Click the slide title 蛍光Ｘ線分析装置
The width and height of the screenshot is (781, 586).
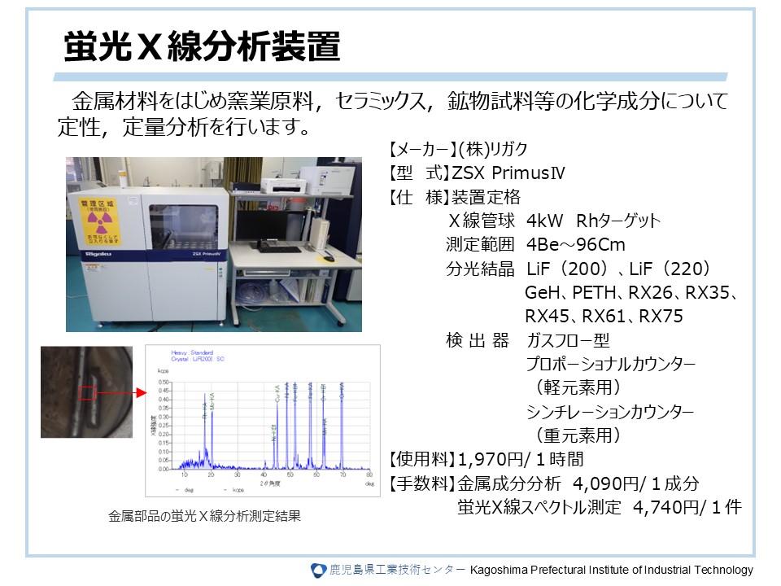(x=201, y=48)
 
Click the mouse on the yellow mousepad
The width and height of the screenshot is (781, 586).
(x=329, y=258)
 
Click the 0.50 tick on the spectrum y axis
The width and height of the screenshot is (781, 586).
(x=163, y=382)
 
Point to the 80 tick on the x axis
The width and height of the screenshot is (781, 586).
(x=370, y=474)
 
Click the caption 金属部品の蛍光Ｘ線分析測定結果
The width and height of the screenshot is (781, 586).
(x=204, y=516)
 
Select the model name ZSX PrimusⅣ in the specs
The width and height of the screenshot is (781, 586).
(x=508, y=173)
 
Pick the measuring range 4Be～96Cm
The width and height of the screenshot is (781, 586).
(x=575, y=245)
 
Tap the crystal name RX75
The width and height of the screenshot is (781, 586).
(x=661, y=316)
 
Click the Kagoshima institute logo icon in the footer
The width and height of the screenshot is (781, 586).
(x=318, y=570)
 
